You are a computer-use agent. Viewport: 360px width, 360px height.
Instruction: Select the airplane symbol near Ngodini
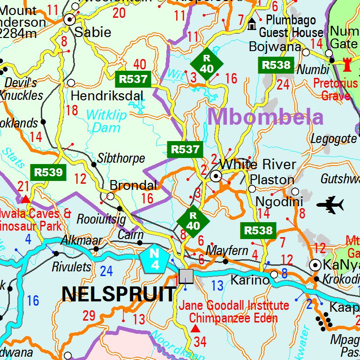tap(330, 204)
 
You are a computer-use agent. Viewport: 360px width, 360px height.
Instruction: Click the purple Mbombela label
tap(266, 116)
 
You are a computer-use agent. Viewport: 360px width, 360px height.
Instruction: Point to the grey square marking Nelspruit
tap(186, 276)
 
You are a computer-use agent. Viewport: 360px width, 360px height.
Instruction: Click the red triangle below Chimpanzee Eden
tap(195, 328)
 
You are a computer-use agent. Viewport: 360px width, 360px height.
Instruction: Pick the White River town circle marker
tap(216, 176)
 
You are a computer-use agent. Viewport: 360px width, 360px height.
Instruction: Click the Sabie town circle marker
tap(70, 19)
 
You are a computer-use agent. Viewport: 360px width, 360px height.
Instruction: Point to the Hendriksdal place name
tap(107, 96)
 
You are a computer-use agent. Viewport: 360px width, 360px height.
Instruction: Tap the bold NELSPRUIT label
tap(119, 294)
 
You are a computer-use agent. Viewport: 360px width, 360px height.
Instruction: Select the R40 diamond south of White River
tap(193, 220)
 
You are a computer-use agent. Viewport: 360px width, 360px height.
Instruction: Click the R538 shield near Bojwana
tap(276, 65)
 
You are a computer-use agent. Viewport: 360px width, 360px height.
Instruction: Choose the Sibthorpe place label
tap(121, 158)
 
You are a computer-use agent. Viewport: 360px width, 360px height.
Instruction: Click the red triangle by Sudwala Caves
tap(26, 200)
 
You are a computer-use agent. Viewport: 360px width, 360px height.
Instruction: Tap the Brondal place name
tap(133, 185)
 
